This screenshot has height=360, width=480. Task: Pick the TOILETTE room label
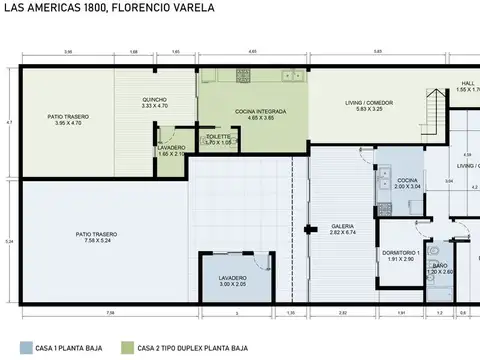point(218,139)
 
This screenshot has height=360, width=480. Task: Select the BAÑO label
point(440,267)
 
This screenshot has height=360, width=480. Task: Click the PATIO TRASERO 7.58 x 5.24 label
point(96,237)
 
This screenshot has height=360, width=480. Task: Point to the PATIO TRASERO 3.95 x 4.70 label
point(68,120)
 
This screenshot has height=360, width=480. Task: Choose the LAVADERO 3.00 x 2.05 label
point(232,282)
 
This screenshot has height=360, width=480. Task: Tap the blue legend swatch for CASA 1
point(26,348)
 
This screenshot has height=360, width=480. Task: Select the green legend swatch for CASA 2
point(127,348)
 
